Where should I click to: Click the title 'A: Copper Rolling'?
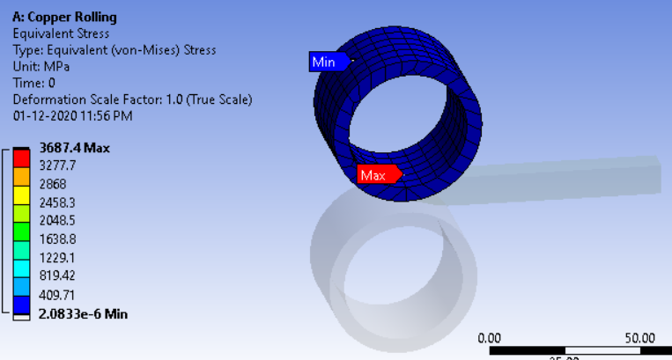pos(64,18)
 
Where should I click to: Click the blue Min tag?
pos(328,62)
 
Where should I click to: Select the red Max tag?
pos(376,175)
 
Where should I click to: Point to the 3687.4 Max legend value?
pos(73,148)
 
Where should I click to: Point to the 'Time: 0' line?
pos(34,83)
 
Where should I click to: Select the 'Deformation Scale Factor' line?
pos(132,99)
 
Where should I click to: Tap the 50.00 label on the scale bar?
pos(639,338)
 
